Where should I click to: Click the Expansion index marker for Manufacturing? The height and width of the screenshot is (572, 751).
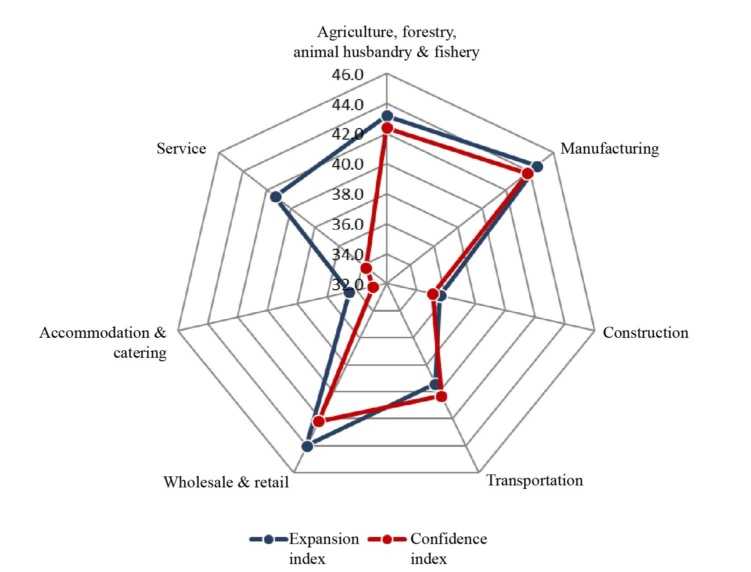[x=537, y=167]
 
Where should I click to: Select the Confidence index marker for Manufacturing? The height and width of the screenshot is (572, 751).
[x=526, y=174]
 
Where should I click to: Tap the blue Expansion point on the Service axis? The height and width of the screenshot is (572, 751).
[x=275, y=197]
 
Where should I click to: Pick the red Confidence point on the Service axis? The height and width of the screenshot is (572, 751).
[x=365, y=268]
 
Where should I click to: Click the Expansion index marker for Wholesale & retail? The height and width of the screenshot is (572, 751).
[x=307, y=446]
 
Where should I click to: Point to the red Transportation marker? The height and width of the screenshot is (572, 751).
[x=440, y=397]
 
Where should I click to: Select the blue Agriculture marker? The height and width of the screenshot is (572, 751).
[x=386, y=116]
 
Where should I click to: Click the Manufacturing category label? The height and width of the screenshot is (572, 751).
[x=609, y=149]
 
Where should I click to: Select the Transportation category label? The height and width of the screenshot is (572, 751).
[x=534, y=480]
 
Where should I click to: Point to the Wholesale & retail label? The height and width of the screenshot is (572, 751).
[x=226, y=482]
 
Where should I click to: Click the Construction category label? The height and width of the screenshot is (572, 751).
[x=645, y=333]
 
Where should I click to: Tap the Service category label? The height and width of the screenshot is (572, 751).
[x=181, y=149]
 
